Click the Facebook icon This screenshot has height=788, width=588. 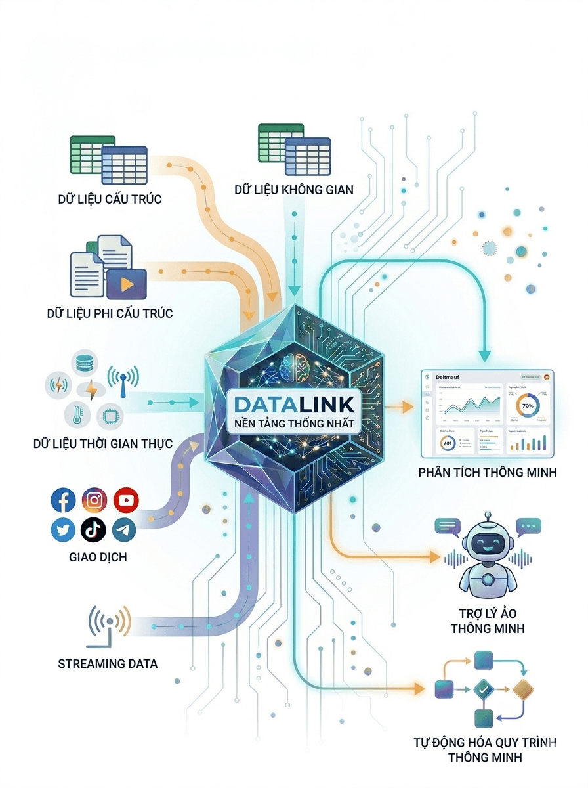click(x=64, y=501)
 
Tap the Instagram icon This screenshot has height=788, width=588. click(x=94, y=501)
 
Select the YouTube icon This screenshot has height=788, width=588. click(x=126, y=501)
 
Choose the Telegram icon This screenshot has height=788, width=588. click(x=124, y=529)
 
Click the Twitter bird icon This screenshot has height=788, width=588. click(x=64, y=529)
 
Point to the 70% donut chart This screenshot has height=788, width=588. click(x=528, y=406)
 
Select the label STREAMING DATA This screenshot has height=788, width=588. click(x=108, y=663)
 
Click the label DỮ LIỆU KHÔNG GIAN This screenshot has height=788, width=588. click(x=294, y=190)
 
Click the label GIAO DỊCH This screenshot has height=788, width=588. click(x=98, y=558)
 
